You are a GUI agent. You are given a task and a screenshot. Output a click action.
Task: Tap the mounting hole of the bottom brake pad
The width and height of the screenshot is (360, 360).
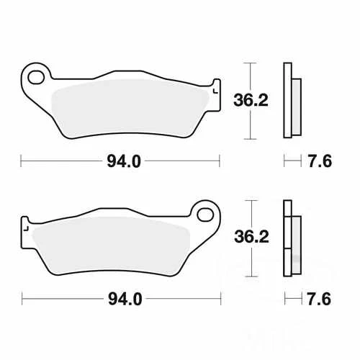205,214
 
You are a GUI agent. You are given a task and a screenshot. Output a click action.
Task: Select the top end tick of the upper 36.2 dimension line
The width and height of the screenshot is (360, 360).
249,63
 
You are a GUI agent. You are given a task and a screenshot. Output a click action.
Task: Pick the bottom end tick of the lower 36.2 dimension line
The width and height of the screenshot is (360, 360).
249,276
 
